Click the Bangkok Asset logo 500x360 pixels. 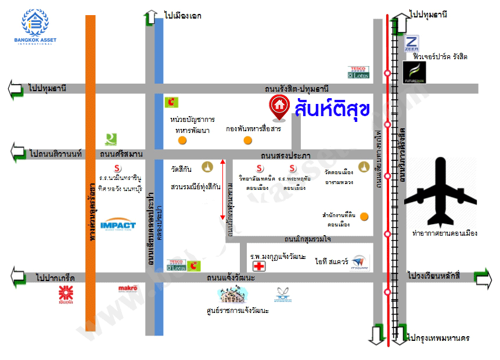coord(39,26)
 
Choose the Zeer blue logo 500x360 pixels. coord(411,44)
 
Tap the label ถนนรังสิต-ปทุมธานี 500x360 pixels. coord(296,89)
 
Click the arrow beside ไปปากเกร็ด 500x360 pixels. coord(16,277)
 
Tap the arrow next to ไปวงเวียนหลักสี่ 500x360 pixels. coord(483,276)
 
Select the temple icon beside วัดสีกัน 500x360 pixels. coord(206,168)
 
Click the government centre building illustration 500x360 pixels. coord(237,295)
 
